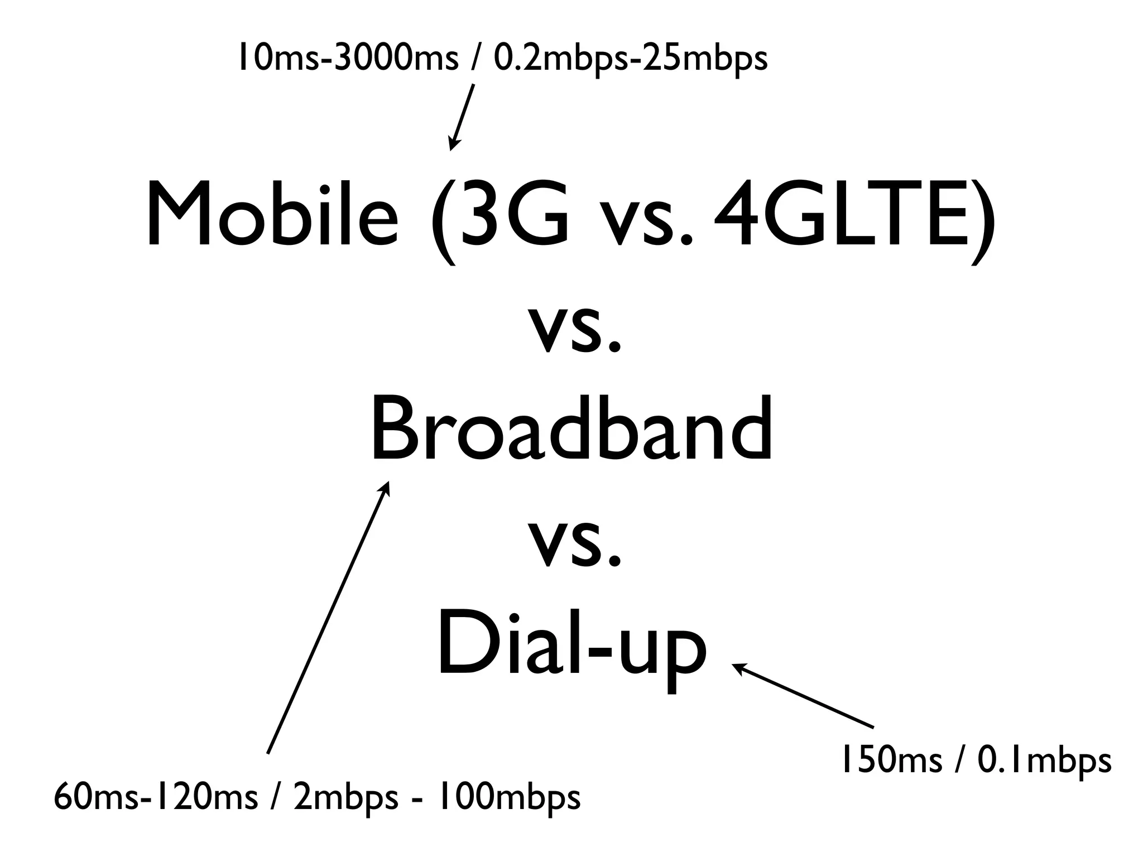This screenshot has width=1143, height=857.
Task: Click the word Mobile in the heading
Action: (x=272, y=215)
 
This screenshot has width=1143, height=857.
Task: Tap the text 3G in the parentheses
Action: (x=511, y=215)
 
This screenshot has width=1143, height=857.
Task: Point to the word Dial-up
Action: (x=571, y=647)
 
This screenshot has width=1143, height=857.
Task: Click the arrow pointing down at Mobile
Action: (x=462, y=117)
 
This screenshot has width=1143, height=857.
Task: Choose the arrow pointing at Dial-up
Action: (x=804, y=696)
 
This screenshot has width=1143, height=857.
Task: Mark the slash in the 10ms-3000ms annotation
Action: (x=475, y=59)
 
